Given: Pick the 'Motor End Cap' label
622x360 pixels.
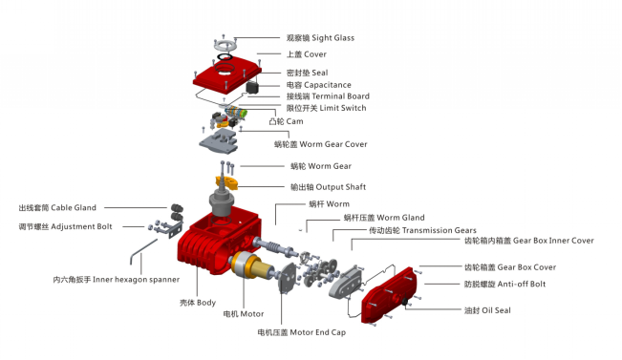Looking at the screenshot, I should [301, 332].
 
